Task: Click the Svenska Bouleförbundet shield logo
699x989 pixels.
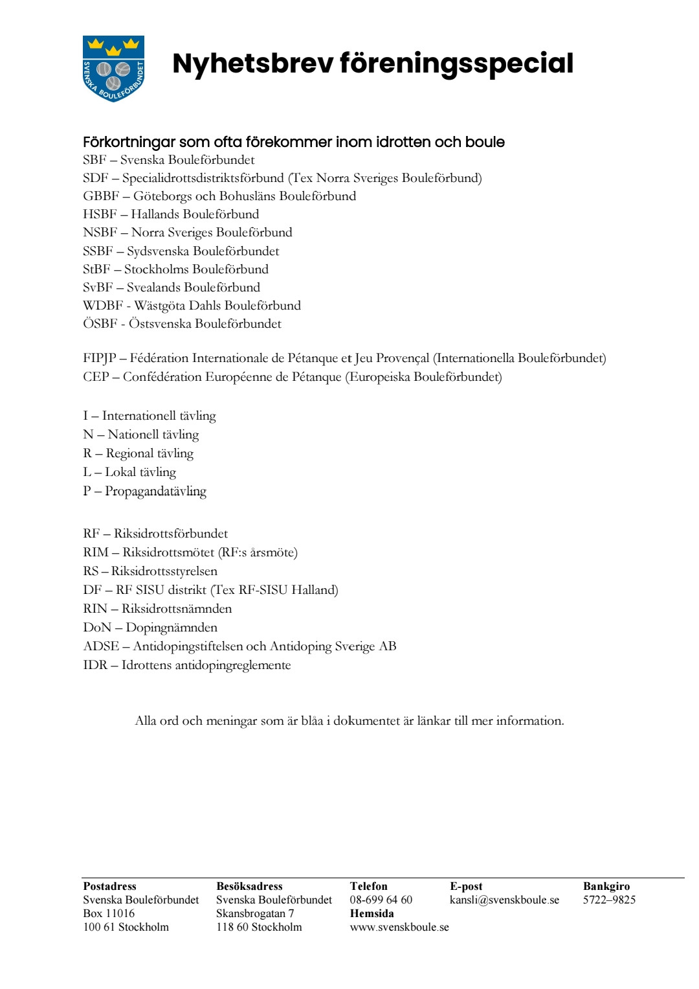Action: tap(113, 69)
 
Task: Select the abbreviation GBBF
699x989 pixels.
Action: tap(101, 196)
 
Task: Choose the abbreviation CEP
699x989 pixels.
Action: tap(96, 377)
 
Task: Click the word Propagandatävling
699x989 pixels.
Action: tap(155, 491)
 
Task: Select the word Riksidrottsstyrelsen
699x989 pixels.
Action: tap(164, 571)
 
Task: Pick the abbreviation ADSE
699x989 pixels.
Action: tap(101, 646)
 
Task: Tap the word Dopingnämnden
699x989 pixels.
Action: tap(172, 628)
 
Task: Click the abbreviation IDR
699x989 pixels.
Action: tap(95, 665)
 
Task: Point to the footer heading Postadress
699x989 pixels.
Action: tap(109, 886)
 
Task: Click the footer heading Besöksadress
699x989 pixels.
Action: tap(249, 886)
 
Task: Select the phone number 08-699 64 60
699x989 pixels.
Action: tap(381, 900)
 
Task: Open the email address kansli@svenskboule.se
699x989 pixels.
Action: tap(504, 900)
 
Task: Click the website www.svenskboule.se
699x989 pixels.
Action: tap(399, 927)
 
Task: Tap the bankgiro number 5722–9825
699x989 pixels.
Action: tap(609, 900)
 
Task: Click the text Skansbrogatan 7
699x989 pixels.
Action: tap(255, 913)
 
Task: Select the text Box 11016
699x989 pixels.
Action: tap(109, 913)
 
